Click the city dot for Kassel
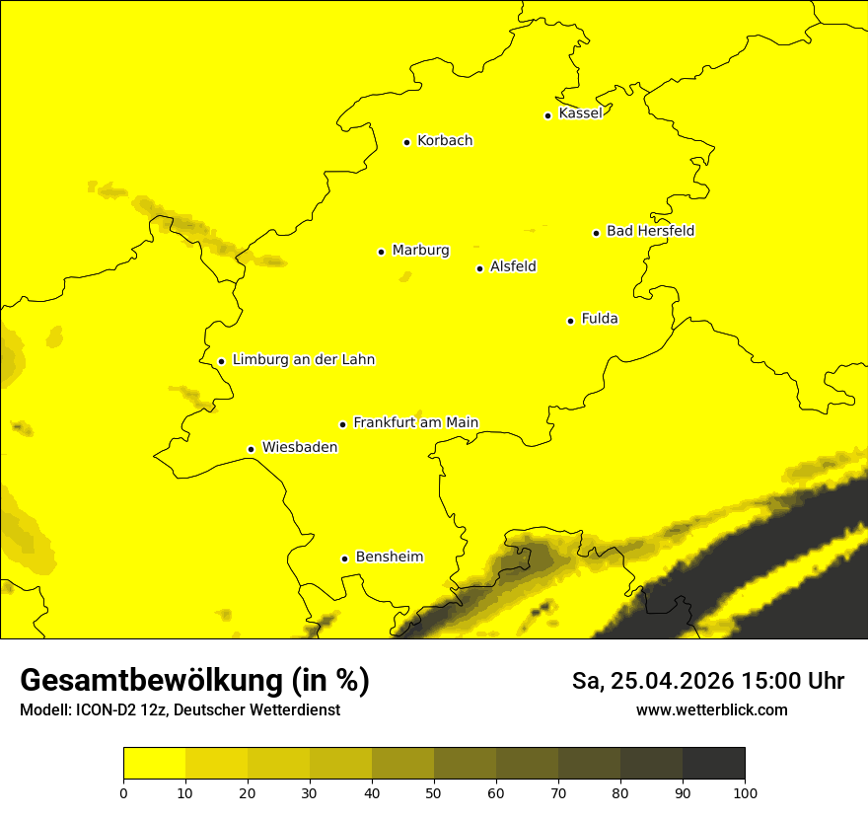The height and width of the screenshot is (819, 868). click(x=547, y=115)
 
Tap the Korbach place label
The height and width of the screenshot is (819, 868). click(x=445, y=141)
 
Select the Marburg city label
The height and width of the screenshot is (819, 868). click(x=420, y=251)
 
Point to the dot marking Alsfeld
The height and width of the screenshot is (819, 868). click(x=479, y=268)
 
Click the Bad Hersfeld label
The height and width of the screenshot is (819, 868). click(x=650, y=232)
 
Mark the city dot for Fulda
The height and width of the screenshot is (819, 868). click(x=570, y=321)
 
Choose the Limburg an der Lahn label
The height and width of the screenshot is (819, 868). click(x=303, y=360)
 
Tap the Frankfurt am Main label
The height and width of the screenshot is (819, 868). click(x=415, y=423)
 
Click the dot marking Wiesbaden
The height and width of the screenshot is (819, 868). click(x=251, y=450)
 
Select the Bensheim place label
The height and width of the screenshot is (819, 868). click(x=389, y=558)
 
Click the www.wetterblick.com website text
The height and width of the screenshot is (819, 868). click(x=711, y=710)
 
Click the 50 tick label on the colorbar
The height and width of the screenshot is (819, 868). click(x=434, y=792)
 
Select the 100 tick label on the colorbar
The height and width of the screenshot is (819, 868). click(x=745, y=792)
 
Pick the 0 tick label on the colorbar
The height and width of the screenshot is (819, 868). click(x=123, y=792)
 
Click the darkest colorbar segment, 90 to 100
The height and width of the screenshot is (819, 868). click(x=713, y=764)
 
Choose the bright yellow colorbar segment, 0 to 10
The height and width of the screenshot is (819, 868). click(x=154, y=764)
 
